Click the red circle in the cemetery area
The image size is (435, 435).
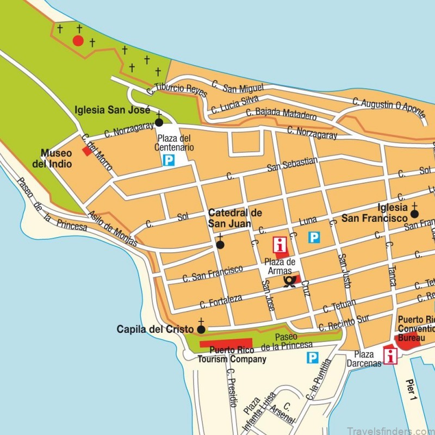coord(78,40)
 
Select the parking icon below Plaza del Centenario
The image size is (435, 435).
coord(169,160)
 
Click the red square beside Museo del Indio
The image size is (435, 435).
coord(87,151)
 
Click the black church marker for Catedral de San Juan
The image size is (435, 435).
coord(220,245)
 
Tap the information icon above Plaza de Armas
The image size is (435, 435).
coord(281,244)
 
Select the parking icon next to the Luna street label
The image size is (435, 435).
coord(314,237)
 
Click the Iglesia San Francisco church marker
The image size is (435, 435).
coord(414,214)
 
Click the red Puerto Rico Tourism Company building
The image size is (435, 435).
coord(225,344)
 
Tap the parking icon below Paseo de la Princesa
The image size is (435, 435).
coord(312,357)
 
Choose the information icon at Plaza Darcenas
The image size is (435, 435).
coord(390,356)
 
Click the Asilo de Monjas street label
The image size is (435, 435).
coord(113,229)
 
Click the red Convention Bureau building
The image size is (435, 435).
coord(409,340)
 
